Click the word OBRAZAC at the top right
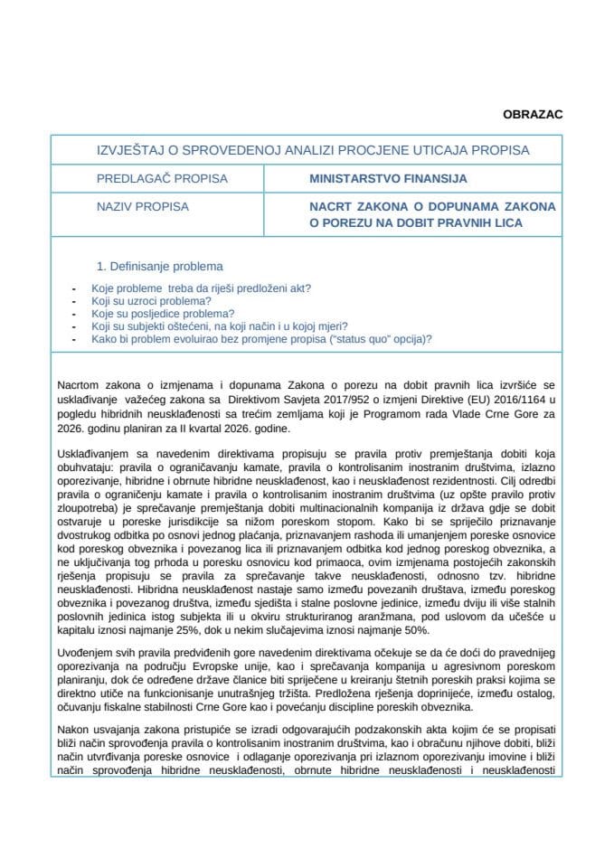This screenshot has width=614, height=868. point(532,115)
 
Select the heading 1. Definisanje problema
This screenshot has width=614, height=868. point(159,267)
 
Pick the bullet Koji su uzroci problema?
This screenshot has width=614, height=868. point(151,301)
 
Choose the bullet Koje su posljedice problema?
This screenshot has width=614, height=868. point(156,314)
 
